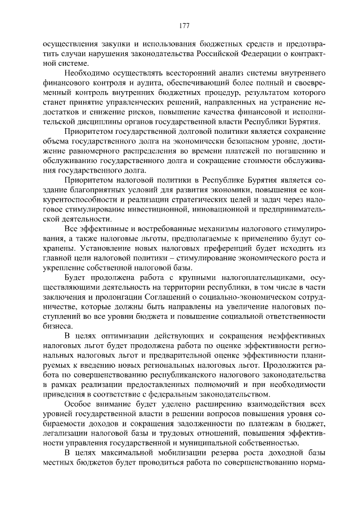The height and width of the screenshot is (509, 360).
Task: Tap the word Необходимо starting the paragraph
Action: (x=86, y=74)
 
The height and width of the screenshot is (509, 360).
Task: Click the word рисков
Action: (x=144, y=112)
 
